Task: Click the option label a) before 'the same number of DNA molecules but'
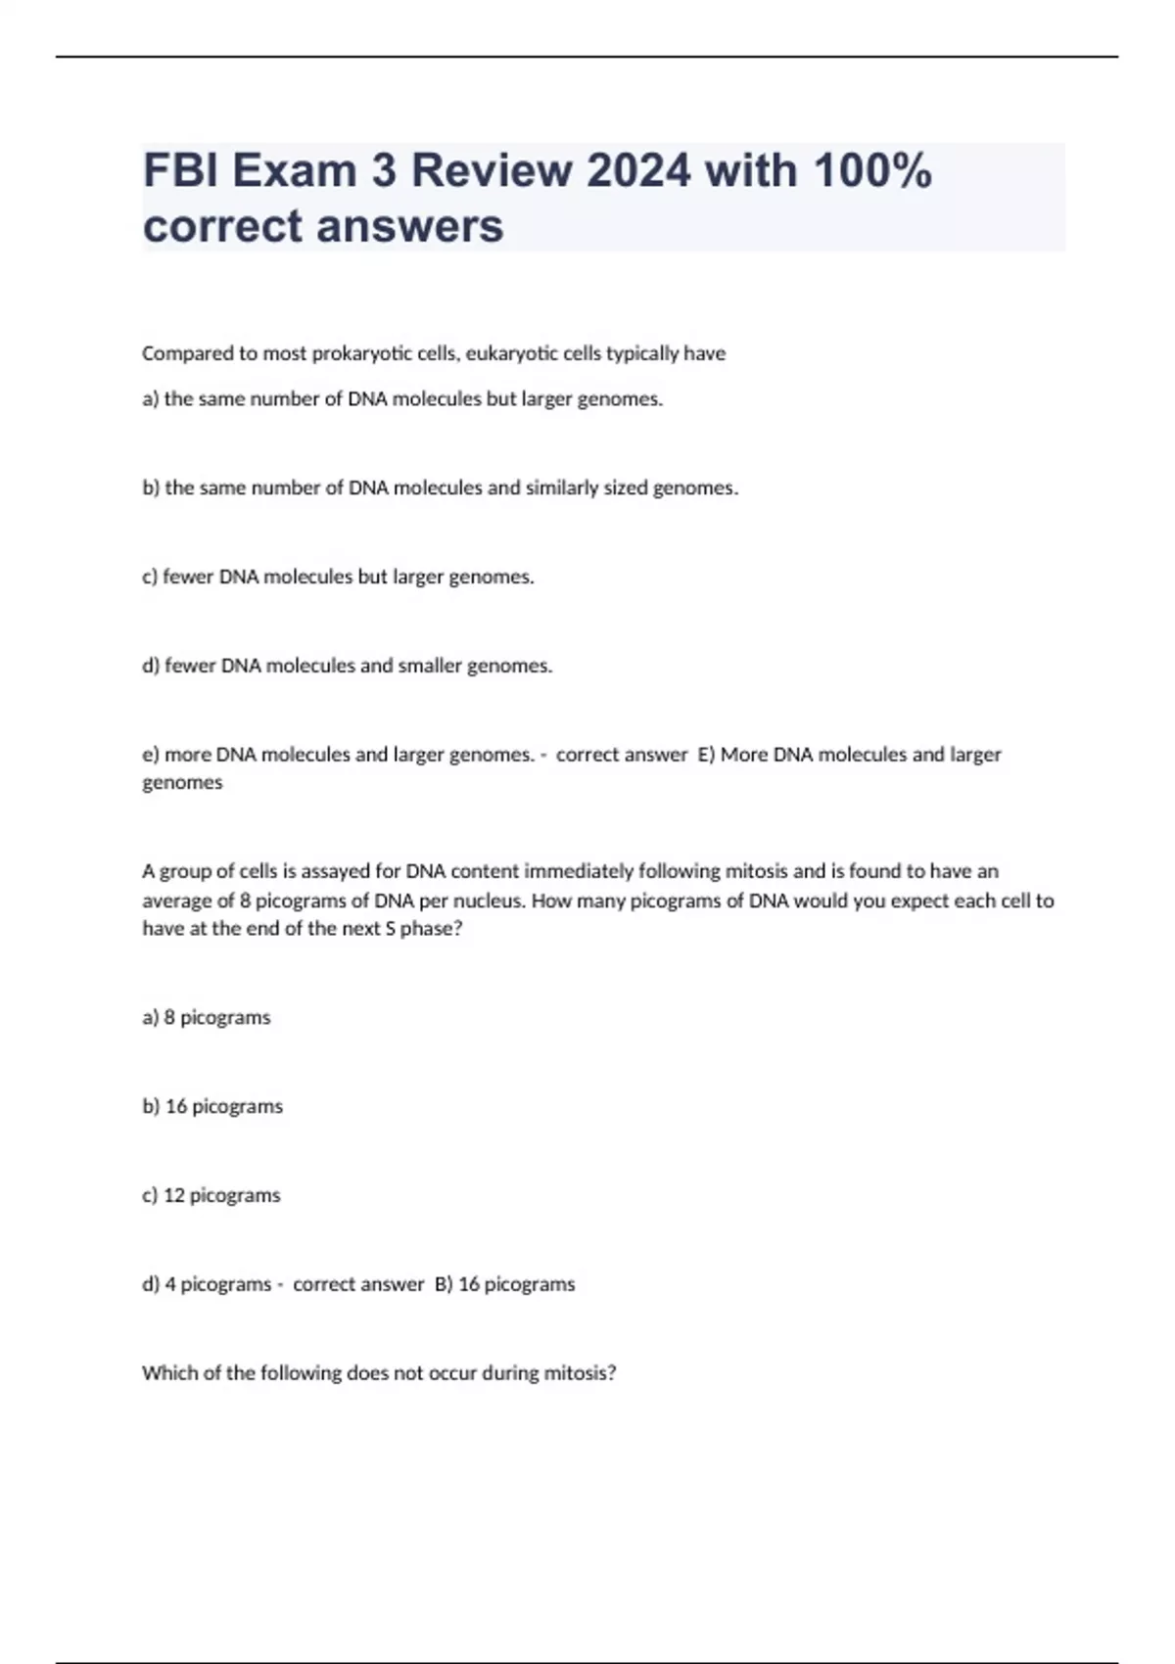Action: pyautogui.click(x=151, y=399)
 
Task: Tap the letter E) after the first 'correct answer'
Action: pyautogui.click(x=706, y=755)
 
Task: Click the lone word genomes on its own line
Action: pyautogui.click(x=182, y=783)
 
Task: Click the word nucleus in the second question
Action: pyautogui.click(x=488, y=901)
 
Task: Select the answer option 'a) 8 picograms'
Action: pyautogui.click(x=206, y=1018)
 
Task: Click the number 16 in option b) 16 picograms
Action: pyautogui.click(x=176, y=1106)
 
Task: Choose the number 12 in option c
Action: pyautogui.click(x=173, y=1195)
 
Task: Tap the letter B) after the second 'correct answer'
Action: pyautogui.click(x=444, y=1284)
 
